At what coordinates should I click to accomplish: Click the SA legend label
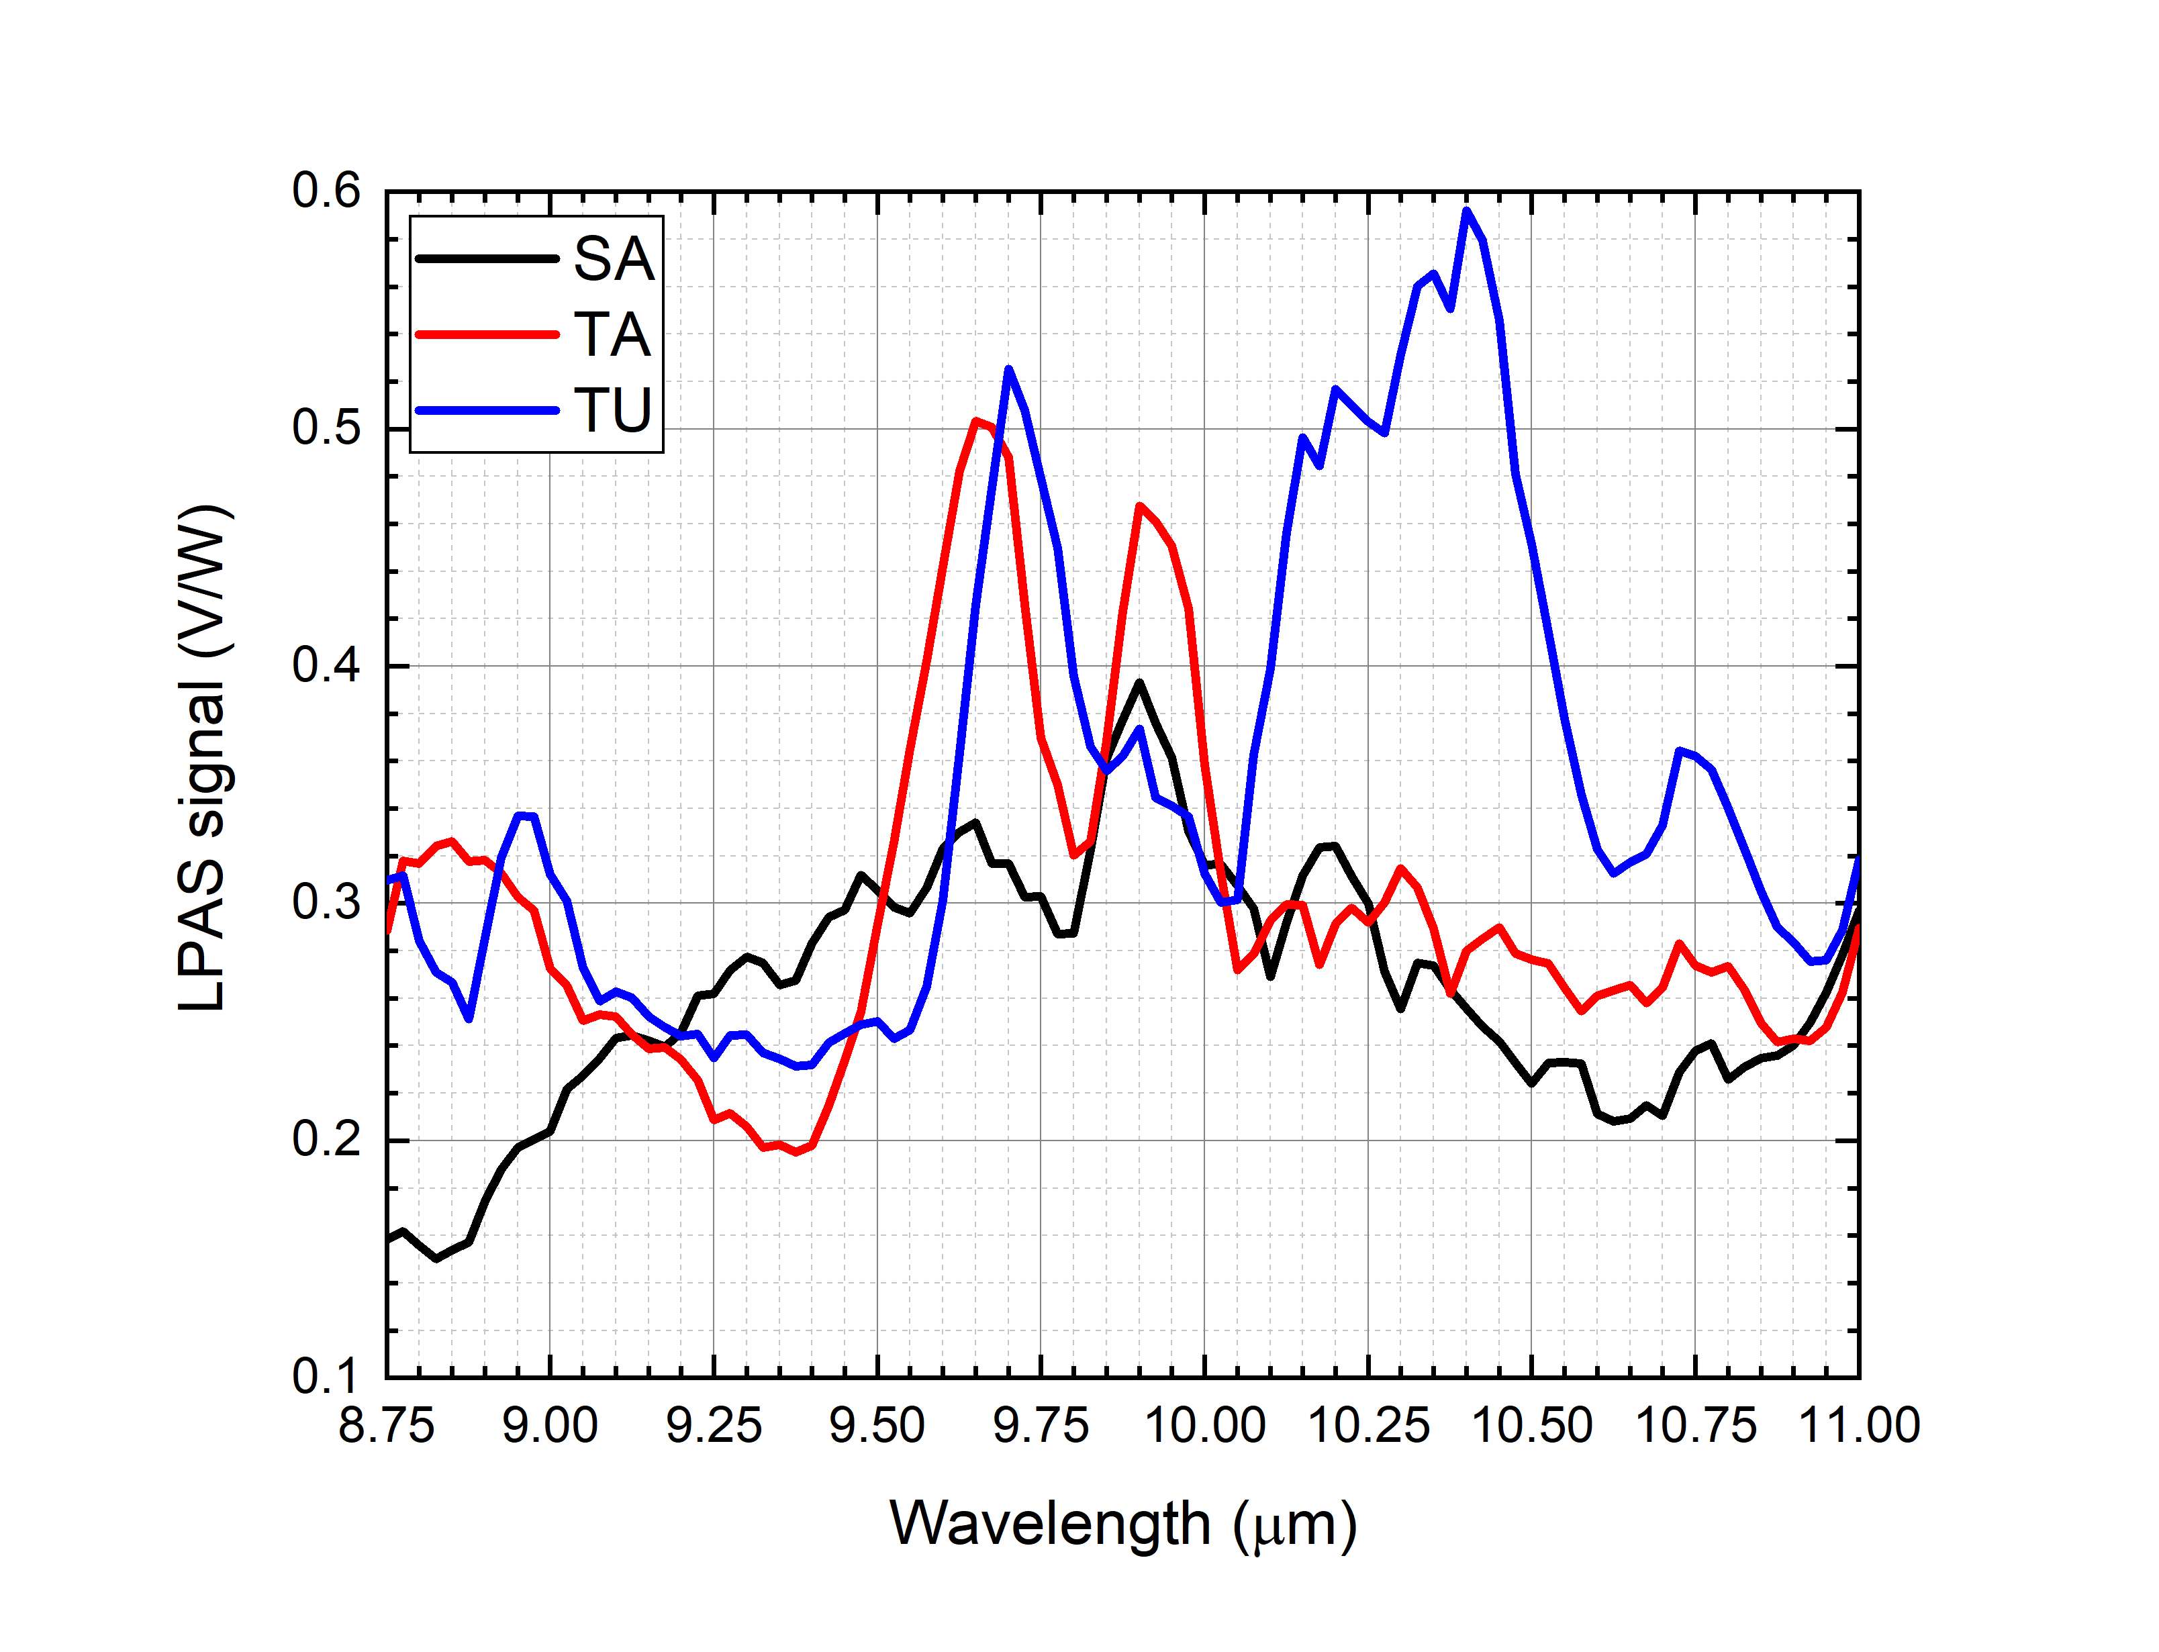614,260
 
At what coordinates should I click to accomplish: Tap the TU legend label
612,410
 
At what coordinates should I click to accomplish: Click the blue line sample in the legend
487,410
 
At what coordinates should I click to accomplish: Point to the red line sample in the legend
487,334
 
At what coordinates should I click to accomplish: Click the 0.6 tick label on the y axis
326,191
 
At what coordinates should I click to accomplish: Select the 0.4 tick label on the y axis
326,666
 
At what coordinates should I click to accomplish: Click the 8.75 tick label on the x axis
387,1426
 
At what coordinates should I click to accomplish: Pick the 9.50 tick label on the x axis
877,1426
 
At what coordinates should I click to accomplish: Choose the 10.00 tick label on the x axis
1204,1426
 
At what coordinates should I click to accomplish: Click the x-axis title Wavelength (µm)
1122,1525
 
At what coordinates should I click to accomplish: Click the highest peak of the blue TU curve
1466,210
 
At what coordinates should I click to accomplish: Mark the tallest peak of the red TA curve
975,422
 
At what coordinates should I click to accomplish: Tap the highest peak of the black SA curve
1139,683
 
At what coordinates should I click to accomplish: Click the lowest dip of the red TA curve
796,1151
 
